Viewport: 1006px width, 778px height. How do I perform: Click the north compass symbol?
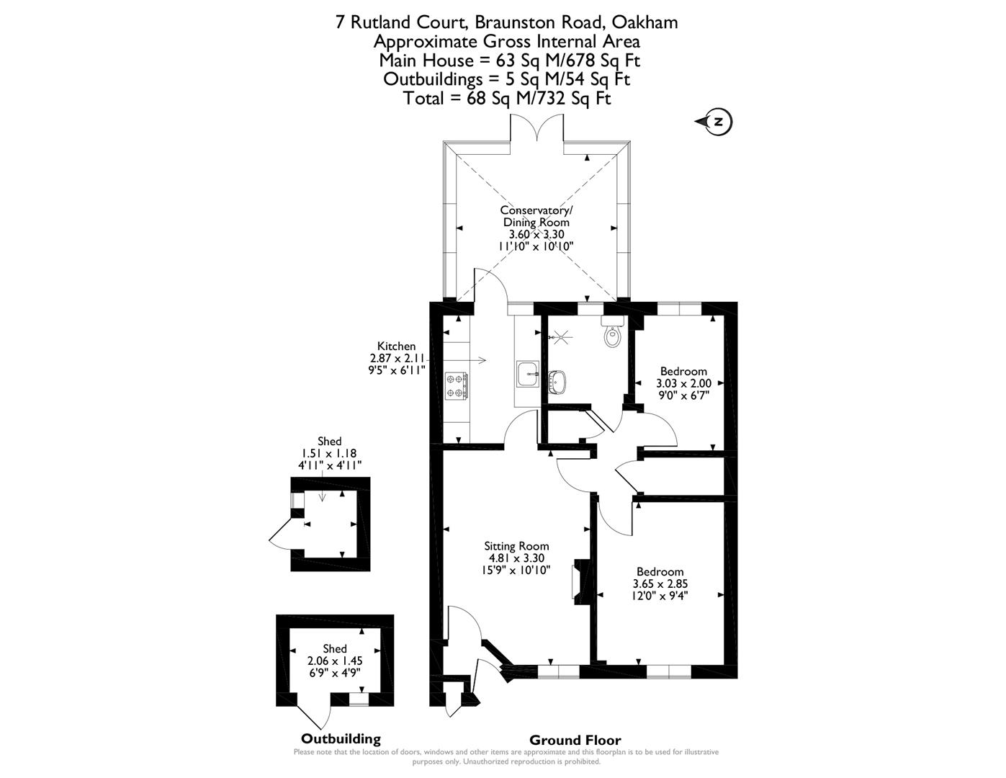click(716, 122)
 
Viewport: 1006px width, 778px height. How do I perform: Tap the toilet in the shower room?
click(612, 335)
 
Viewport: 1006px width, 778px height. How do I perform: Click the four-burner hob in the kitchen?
click(456, 385)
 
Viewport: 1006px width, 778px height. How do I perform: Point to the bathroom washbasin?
click(557, 380)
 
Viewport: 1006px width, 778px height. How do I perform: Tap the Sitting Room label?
click(516, 546)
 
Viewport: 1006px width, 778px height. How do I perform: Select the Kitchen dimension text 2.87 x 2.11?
click(398, 358)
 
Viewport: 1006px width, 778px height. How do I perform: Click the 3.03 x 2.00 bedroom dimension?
click(683, 383)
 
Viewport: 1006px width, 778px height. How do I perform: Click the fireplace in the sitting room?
click(578, 581)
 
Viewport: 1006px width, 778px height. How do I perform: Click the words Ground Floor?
click(575, 740)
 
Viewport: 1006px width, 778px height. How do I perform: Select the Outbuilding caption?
click(340, 738)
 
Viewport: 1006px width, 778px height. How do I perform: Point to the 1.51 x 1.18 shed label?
click(329, 454)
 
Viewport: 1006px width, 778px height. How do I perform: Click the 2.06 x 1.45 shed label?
click(335, 661)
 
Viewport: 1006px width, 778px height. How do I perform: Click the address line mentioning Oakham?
click(506, 22)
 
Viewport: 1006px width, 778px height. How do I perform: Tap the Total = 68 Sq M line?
click(506, 98)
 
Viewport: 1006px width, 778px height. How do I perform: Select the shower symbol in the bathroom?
click(560, 335)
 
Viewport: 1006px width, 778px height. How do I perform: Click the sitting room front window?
click(558, 671)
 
